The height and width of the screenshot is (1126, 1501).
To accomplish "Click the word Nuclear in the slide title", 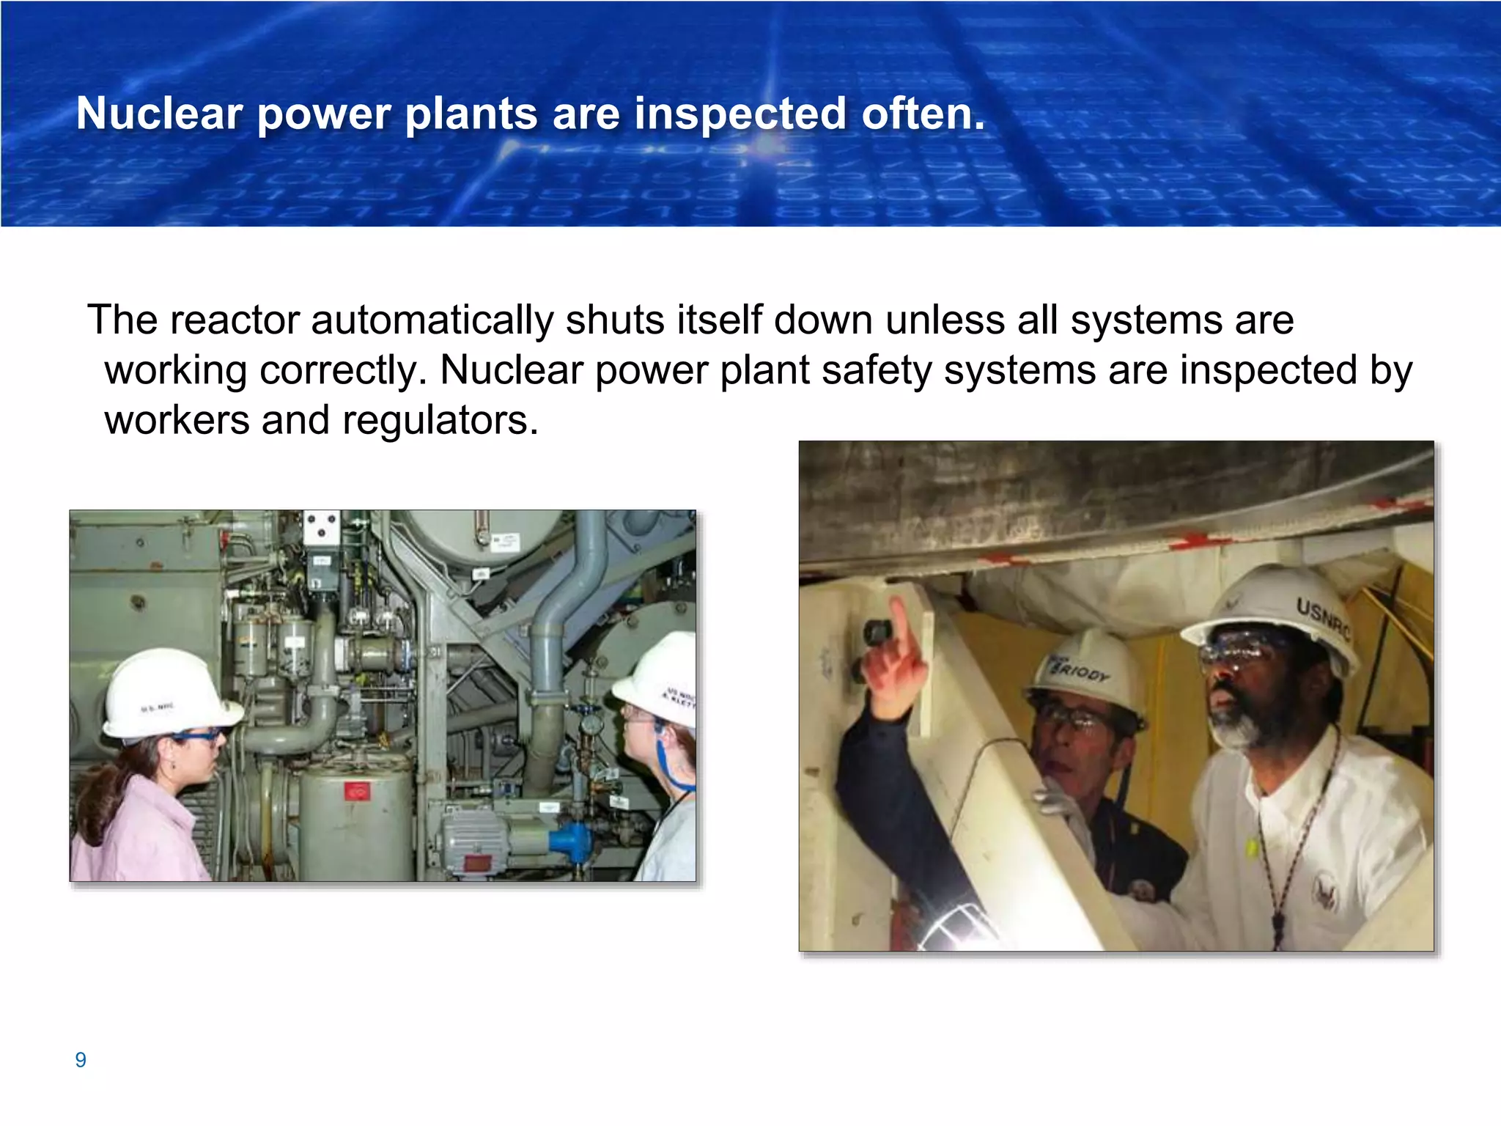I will click(159, 114).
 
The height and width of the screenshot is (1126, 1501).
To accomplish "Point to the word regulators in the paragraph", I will click(440, 421).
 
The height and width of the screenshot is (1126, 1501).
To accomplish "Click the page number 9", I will click(81, 1059).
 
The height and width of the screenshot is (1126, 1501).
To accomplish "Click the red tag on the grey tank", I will click(358, 792).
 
